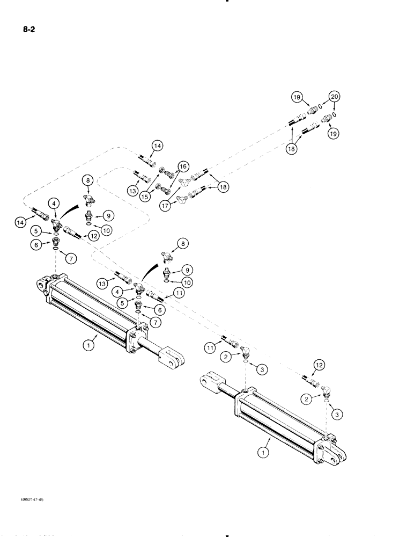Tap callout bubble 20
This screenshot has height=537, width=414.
point(335,97)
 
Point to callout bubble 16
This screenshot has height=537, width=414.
point(182,166)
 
